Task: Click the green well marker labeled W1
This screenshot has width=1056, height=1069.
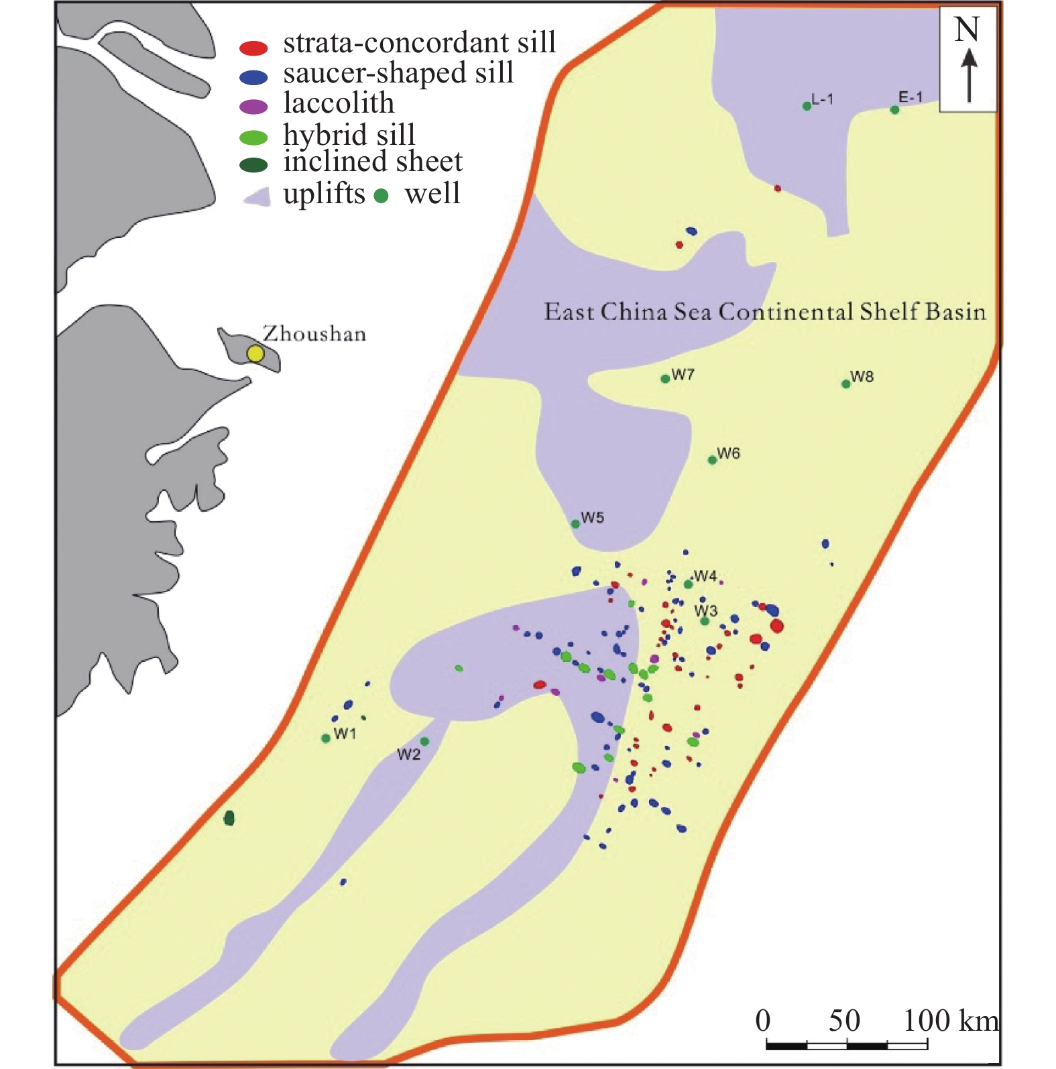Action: [326, 738]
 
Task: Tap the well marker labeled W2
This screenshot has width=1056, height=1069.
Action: [424, 741]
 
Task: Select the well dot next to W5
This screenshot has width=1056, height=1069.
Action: [575, 524]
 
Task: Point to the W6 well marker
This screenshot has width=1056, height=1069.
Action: [712, 460]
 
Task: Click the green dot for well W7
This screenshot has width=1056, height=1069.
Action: [665, 379]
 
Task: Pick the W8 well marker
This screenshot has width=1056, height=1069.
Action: [846, 384]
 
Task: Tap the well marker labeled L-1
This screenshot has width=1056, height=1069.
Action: [807, 106]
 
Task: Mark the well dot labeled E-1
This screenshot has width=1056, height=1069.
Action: [894, 110]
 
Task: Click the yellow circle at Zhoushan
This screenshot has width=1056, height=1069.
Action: [255, 353]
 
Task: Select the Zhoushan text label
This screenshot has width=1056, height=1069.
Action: [314, 333]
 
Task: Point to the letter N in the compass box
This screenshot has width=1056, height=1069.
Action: [967, 30]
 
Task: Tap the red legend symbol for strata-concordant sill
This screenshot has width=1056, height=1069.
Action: [253, 48]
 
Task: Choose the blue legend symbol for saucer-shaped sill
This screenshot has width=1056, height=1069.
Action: [253, 77]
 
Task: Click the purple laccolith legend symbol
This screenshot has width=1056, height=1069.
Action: [253, 107]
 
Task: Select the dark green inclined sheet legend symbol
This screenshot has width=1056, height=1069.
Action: [253, 165]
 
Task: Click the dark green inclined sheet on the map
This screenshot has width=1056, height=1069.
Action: [229, 818]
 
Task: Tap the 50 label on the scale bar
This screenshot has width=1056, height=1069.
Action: [843, 1021]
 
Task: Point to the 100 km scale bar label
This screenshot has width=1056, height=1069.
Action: [950, 1021]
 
